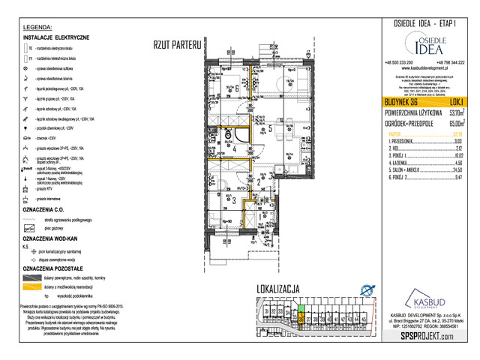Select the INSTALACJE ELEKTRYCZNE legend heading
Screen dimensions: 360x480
pos(56,37)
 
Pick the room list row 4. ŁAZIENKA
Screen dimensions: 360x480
pos(404,162)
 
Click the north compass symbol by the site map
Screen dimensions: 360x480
pos(366,291)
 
